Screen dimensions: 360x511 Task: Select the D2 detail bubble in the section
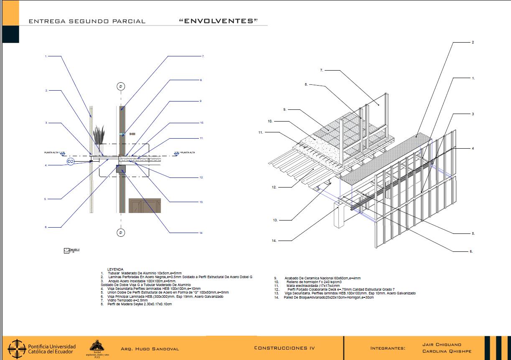(70, 161)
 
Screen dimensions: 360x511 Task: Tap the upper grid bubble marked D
(121, 86)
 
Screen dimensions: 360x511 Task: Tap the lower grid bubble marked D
(121, 232)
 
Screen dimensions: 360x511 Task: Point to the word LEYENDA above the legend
(115, 269)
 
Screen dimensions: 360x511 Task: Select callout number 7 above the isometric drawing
(322, 70)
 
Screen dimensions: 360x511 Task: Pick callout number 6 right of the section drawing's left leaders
(46, 227)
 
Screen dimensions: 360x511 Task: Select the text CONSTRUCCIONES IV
(284, 348)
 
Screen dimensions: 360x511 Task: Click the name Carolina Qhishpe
(447, 351)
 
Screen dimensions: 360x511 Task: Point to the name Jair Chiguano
(442, 345)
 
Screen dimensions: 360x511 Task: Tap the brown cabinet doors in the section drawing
(145, 205)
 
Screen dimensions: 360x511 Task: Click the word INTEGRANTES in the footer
(388, 348)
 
